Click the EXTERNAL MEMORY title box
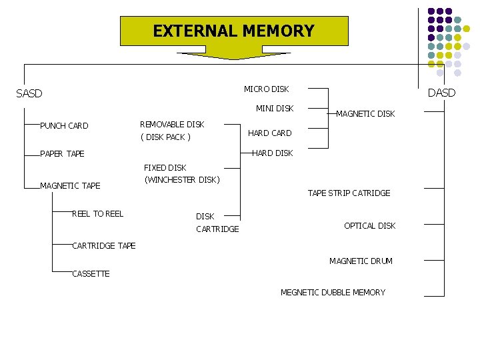click(233, 31)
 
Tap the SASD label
click(29, 93)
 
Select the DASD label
click(441, 93)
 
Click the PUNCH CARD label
click(64, 125)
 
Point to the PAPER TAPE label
click(62, 154)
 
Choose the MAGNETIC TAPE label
click(70, 185)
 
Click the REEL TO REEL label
click(97, 213)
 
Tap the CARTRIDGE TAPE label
click(103, 245)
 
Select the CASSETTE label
click(91, 274)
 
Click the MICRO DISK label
click(266, 89)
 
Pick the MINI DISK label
click(275, 108)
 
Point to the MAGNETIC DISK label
click(365, 114)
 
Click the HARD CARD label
click(269, 133)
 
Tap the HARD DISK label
click(272, 153)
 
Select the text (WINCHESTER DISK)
click(182, 180)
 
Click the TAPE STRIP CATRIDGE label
click(349, 193)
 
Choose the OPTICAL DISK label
click(369, 226)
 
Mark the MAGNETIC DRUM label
click(361, 261)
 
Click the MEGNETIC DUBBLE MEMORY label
click(333, 292)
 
